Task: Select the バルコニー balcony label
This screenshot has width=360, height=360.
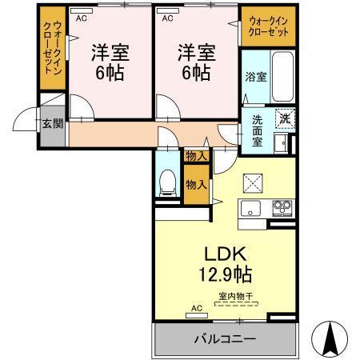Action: pyautogui.click(x=224, y=339)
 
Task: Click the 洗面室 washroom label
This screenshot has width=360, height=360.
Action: pyautogui.click(x=258, y=130)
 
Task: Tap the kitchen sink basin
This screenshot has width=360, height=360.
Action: pyautogui.click(x=250, y=210)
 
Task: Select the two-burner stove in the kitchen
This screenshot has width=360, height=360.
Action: pyautogui.click(x=282, y=209)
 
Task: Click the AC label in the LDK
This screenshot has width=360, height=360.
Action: pyautogui.click(x=196, y=308)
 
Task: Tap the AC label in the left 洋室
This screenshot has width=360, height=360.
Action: pyautogui.click(x=80, y=16)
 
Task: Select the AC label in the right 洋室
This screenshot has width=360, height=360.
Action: pyautogui.click(x=167, y=16)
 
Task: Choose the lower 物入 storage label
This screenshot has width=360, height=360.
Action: pyautogui.click(x=197, y=184)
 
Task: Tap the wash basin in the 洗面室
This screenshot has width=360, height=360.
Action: pyautogui.click(x=281, y=143)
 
